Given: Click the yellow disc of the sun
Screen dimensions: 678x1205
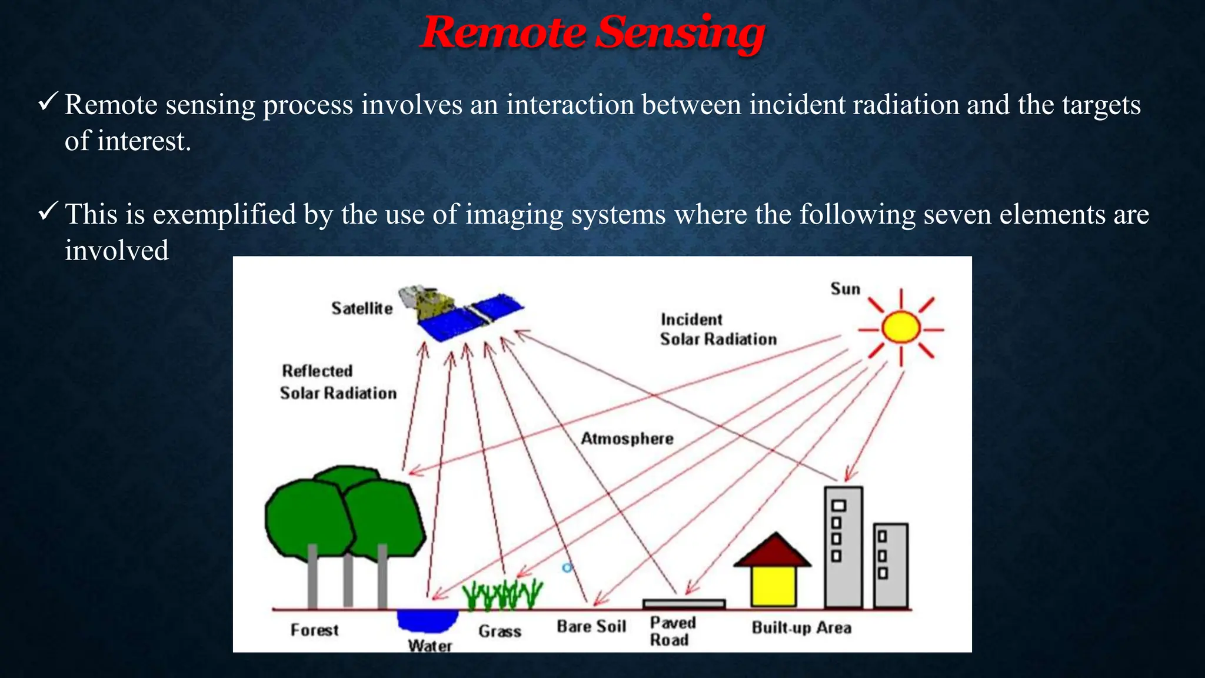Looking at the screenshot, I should click(901, 328).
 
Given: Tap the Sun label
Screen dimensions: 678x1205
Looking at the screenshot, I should click(845, 289).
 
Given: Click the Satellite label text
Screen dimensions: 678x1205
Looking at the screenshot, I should click(362, 308).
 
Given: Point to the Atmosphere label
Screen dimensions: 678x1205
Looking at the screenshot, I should click(627, 439).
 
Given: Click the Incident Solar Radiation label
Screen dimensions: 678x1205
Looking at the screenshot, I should click(718, 330).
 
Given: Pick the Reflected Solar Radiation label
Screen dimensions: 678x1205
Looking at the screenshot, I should click(338, 383).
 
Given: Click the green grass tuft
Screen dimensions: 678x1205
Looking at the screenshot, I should click(502, 594).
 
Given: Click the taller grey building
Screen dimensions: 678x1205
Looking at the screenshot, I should click(843, 547).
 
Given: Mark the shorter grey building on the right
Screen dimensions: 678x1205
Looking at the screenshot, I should click(890, 565).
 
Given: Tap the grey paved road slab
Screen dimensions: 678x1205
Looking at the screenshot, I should click(684, 604).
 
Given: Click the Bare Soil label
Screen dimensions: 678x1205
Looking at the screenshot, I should click(591, 627).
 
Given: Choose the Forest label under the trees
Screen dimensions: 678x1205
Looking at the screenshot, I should click(315, 630).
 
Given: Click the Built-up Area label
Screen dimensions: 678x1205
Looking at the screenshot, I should click(801, 628).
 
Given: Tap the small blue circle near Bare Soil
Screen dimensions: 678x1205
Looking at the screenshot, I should click(567, 568).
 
